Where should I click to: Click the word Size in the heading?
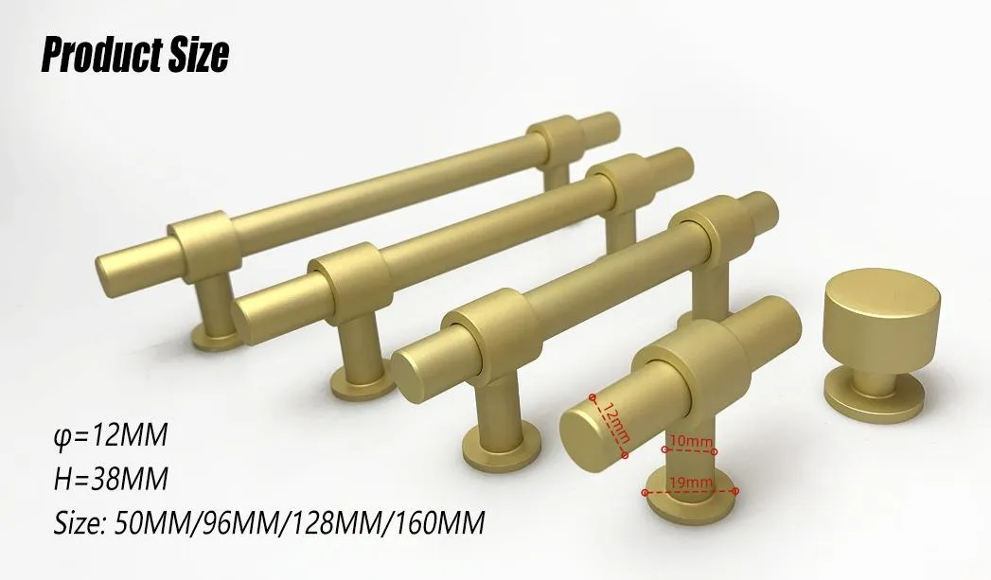(x=196, y=56)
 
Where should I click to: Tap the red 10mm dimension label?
(x=690, y=441)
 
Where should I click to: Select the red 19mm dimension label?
(x=690, y=483)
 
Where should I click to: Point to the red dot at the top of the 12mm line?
(x=593, y=397)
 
